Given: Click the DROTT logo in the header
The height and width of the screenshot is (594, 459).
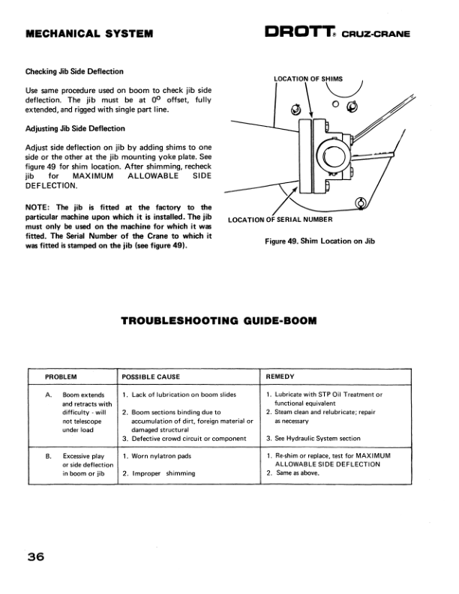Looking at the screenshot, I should [302, 32].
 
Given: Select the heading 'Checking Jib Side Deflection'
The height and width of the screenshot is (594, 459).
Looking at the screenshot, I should [74, 71].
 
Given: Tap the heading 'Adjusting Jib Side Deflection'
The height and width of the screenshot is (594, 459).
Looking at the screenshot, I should [75, 128].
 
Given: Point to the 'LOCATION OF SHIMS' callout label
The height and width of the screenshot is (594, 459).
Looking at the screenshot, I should [307, 78].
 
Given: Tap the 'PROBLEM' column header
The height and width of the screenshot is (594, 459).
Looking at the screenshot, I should [62, 376].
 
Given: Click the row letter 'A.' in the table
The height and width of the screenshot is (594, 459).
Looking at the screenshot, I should [49, 394].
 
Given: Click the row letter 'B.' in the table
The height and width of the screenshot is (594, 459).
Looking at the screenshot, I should [49, 455].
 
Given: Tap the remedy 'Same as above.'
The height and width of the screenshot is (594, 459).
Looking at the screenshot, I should [298, 473].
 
